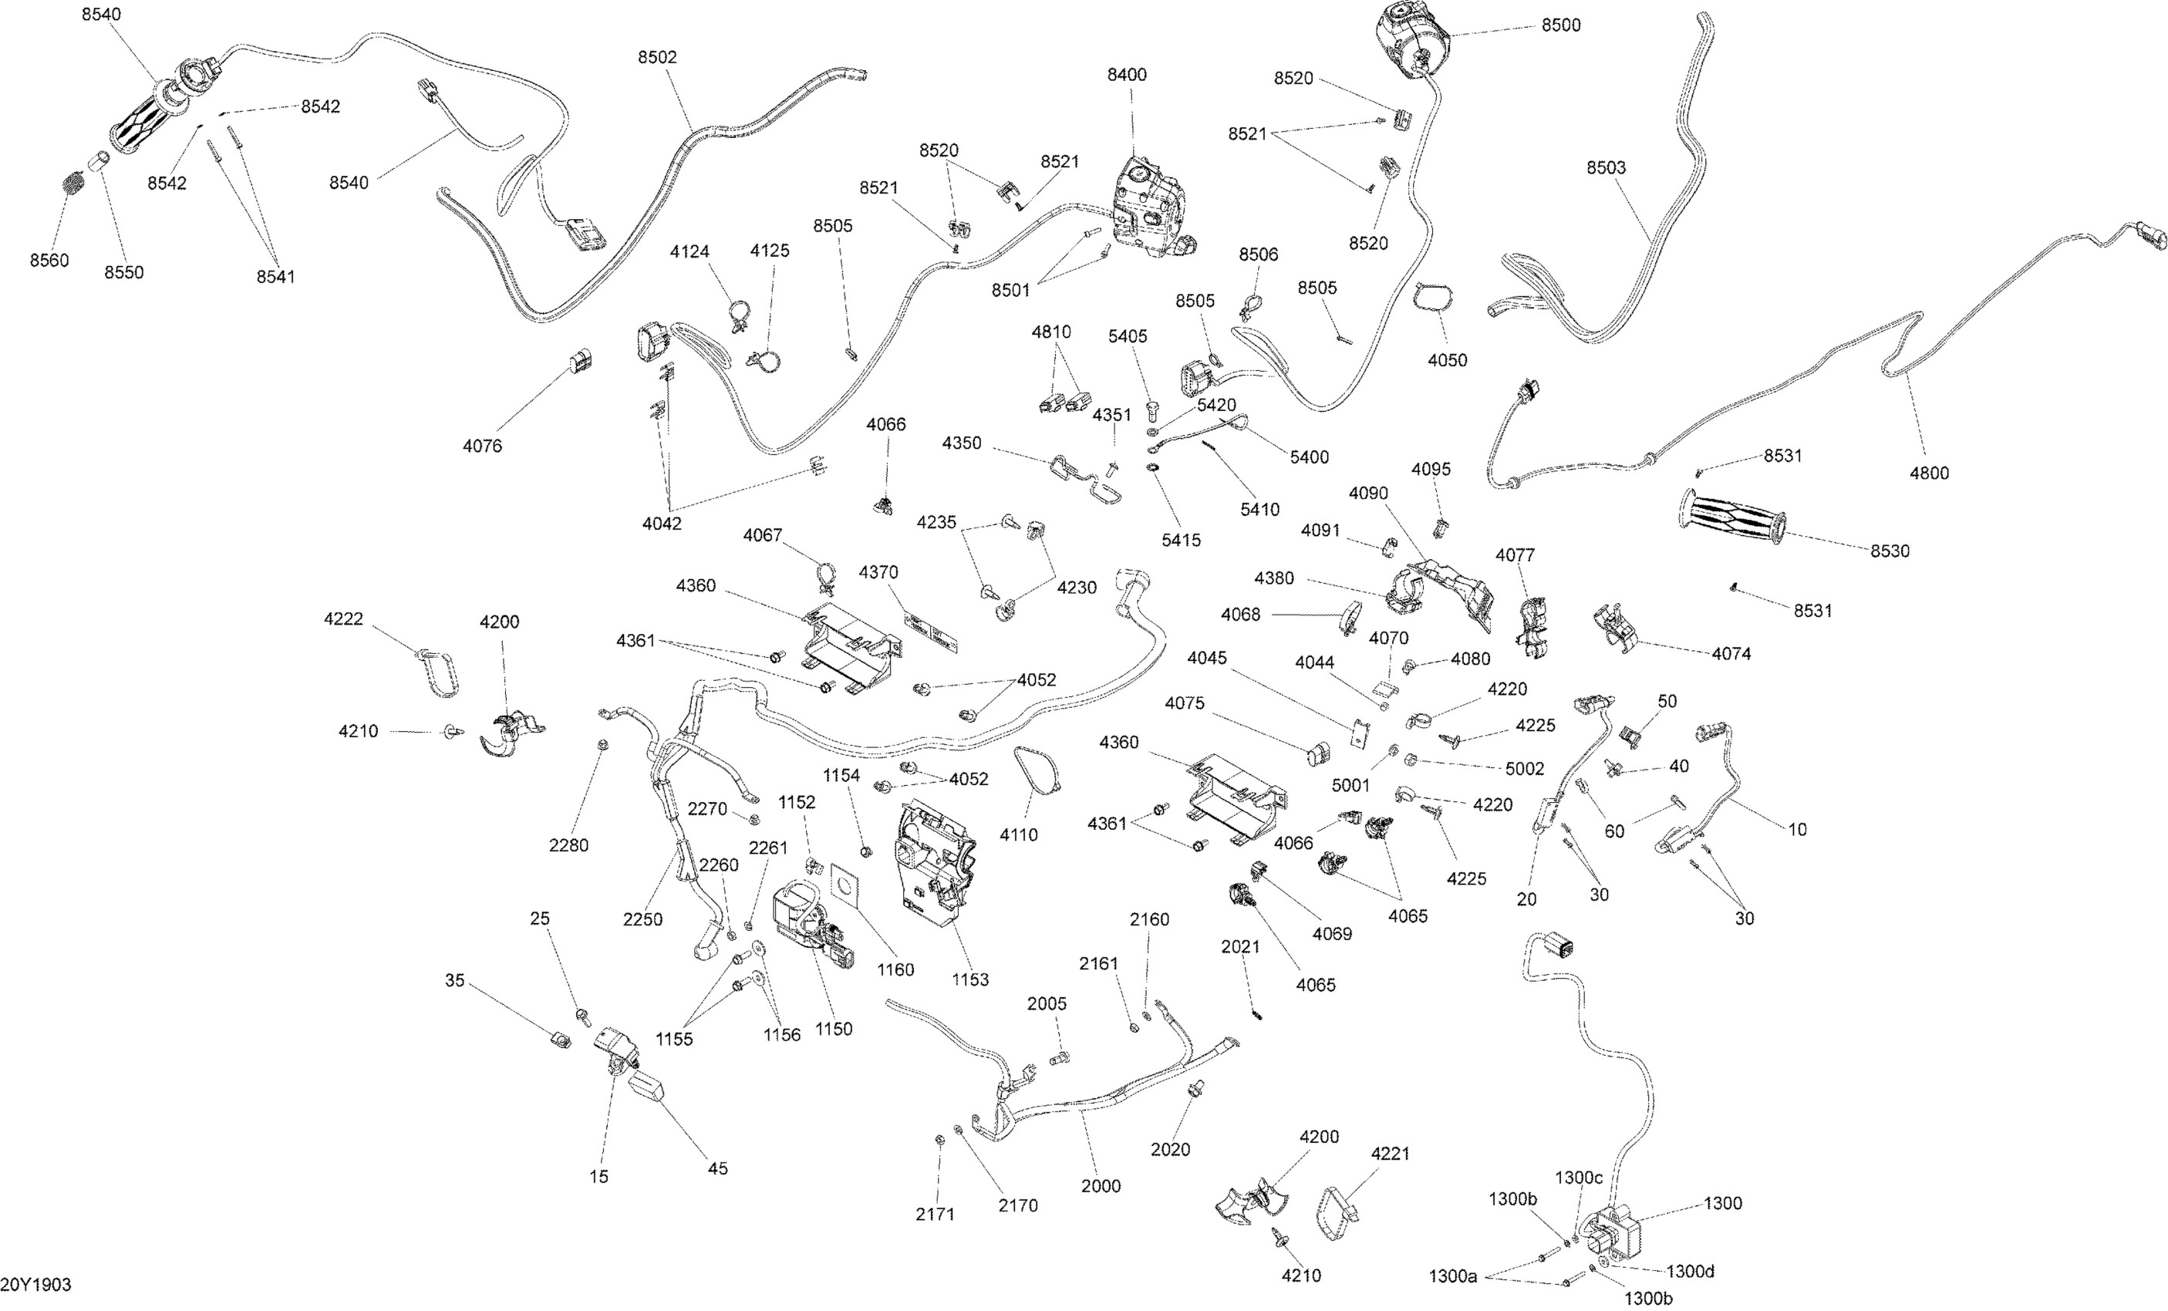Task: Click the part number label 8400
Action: [1126, 75]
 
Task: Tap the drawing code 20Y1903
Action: [36, 1285]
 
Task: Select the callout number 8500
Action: [1561, 25]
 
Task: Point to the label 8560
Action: [49, 261]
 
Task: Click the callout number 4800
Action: [1929, 474]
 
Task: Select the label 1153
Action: [969, 980]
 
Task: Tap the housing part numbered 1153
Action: [935, 862]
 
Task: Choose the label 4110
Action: [1018, 835]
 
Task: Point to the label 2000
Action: [1101, 1186]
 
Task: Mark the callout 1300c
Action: [1579, 1178]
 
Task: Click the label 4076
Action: [482, 446]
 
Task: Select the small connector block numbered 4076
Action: [581, 361]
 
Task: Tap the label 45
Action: [718, 1168]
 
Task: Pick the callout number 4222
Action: [343, 619]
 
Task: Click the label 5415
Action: [1181, 541]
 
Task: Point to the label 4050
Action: [1448, 360]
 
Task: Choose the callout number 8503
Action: [1606, 168]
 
